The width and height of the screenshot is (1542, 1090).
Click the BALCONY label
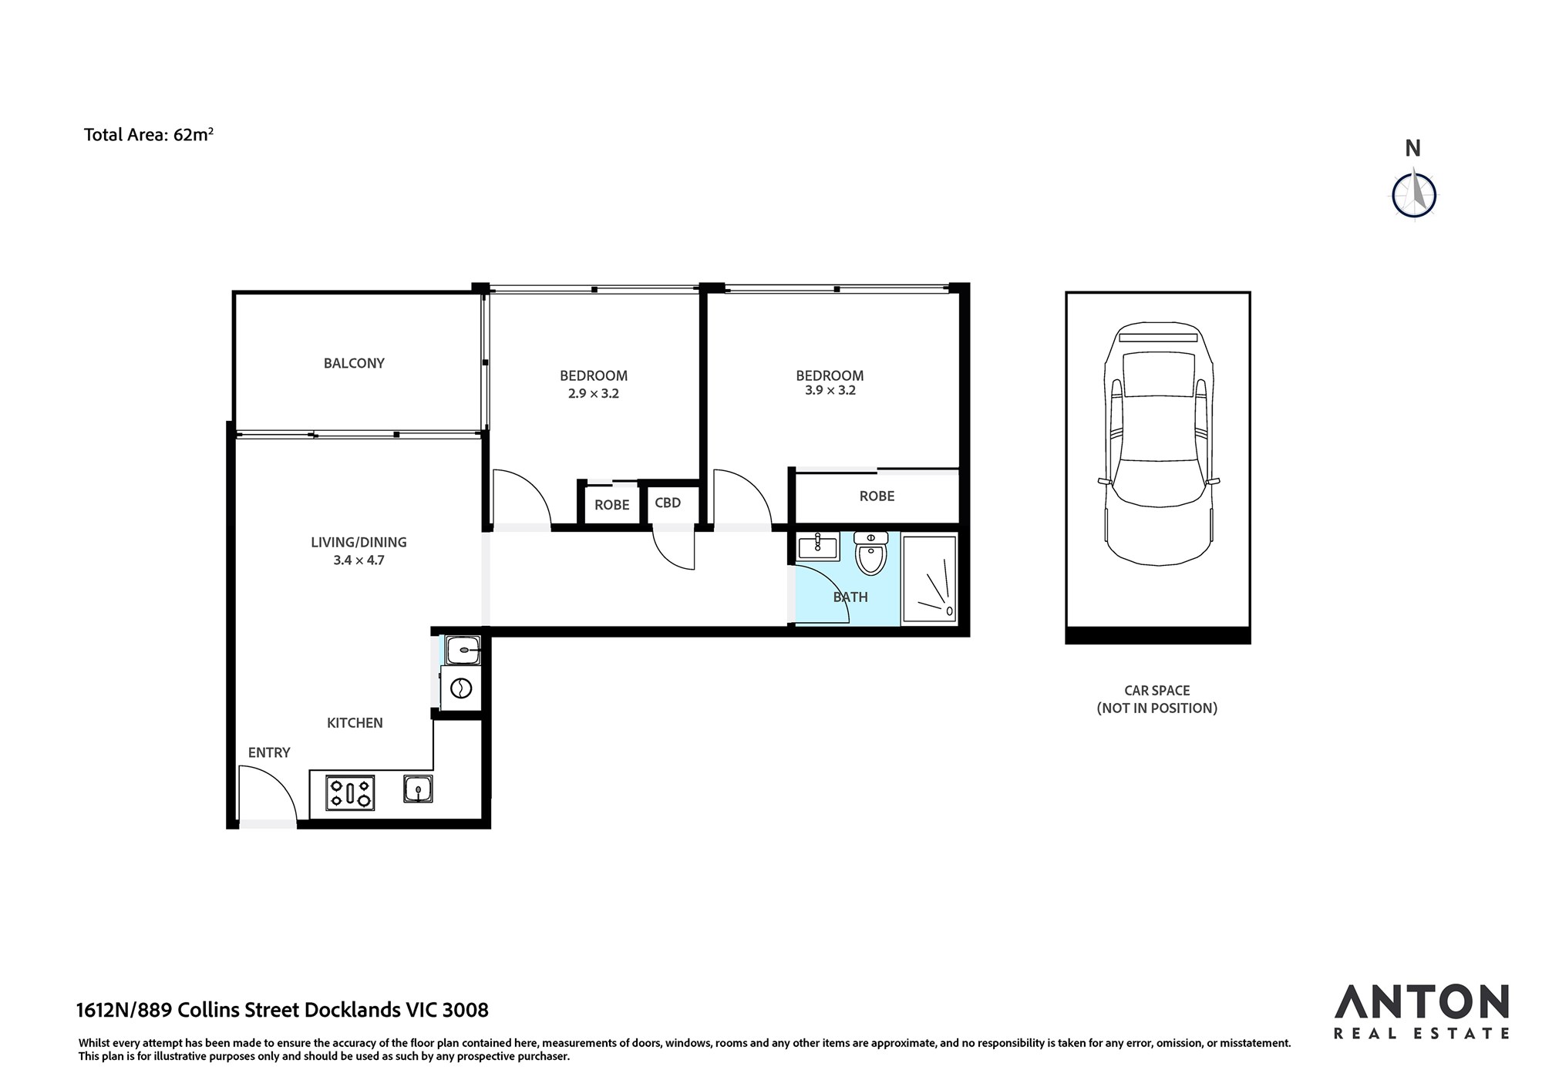point(354,363)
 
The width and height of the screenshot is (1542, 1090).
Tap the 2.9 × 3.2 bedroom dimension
point(594,393)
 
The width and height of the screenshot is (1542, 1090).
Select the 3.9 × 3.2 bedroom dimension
point(830,390)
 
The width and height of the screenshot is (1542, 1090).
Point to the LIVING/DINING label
point(359,542)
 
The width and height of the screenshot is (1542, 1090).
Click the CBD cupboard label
point(668,503)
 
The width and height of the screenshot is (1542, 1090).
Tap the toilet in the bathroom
point(871,553)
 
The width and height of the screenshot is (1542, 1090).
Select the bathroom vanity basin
point(818,547)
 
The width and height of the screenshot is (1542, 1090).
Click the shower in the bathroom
point(930,578)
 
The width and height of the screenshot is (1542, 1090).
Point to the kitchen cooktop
point(350,792)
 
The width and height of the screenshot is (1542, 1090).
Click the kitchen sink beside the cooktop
point(418,789)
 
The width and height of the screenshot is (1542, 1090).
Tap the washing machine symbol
point(460,688)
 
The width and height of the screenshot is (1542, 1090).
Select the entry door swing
point(268,794)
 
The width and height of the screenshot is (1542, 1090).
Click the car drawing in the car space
point(1158,444)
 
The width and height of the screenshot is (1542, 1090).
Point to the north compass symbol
point(1414,195)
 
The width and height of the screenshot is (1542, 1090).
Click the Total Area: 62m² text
point(149,135)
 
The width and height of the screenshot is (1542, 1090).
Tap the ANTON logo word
point(1422,1002)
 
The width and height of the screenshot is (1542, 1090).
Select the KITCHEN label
point(355,723)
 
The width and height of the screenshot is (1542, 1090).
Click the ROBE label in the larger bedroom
point(877,496)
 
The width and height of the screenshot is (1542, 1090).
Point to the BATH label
point(850,597)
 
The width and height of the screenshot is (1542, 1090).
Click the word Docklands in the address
point(353,1010)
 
